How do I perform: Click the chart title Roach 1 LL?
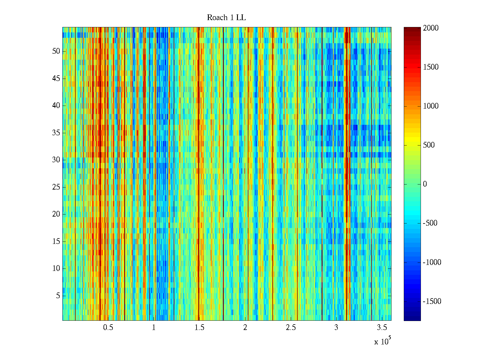[x=226, y=18]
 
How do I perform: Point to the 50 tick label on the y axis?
[x=56, y=51]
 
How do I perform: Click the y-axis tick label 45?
[x=56, y=79]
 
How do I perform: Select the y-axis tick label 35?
[x=56, y=133]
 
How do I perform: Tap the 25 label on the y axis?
[x=56, y=187]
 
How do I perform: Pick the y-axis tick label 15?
[x=56, y=241]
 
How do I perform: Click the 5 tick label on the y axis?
[x=58, y=296]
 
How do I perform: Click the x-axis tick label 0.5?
[x=108, y=328]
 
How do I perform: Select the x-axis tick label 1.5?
[x=199, y=328]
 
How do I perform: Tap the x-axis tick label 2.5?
[x=291, y=328]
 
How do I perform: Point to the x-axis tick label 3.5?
[x=382, y=328]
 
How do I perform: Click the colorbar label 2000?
[x=431, y=28]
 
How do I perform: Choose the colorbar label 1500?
[x=431, y=67]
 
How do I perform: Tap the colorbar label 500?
[x=429, y=145]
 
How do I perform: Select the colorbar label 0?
[x=425, y=184]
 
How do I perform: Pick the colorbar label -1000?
[x=432, y=262]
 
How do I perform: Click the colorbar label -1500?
[x=432, y=301]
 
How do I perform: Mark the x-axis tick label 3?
[x=336, y=328]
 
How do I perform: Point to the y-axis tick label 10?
[x=56, y=268]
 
